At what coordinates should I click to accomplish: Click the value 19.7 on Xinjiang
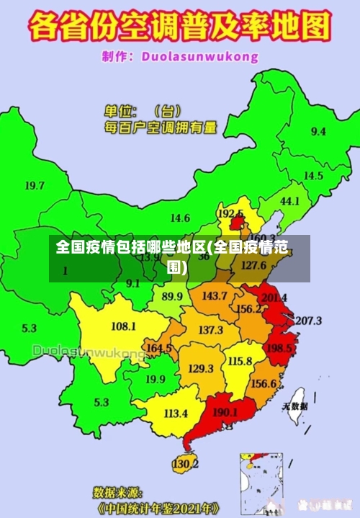coord(35,185)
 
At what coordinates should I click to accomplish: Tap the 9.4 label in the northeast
coord(318,131)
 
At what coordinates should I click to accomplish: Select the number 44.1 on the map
coord(289,201)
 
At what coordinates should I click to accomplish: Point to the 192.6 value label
coord(230,214)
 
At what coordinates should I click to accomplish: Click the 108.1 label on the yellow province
coord(123,326)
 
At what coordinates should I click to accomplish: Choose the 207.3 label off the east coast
coord(308,320)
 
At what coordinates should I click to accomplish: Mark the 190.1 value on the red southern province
coord(226,413)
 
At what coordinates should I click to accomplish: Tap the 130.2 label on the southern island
coord(185,463)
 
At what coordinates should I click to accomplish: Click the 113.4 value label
coord(176,414)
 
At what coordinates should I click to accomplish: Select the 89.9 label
coord(172,296)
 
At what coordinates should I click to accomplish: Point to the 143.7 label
coord(214,296)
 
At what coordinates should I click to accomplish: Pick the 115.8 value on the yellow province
coord(240,361)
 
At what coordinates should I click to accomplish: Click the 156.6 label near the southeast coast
coord(264,383)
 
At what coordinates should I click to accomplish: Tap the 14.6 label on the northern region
coord(180,218)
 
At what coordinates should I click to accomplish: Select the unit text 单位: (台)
coord(144,112)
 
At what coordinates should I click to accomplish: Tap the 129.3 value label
coord(201,368)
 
